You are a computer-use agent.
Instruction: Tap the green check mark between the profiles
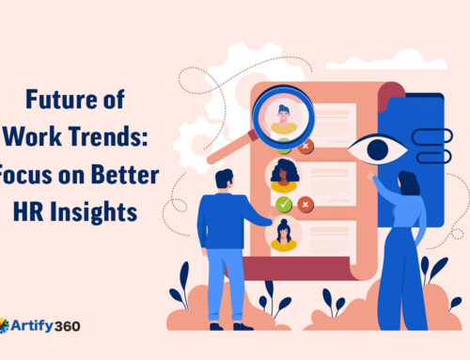(x=283, y=204)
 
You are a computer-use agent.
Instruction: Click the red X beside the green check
(x=305, y=204)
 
